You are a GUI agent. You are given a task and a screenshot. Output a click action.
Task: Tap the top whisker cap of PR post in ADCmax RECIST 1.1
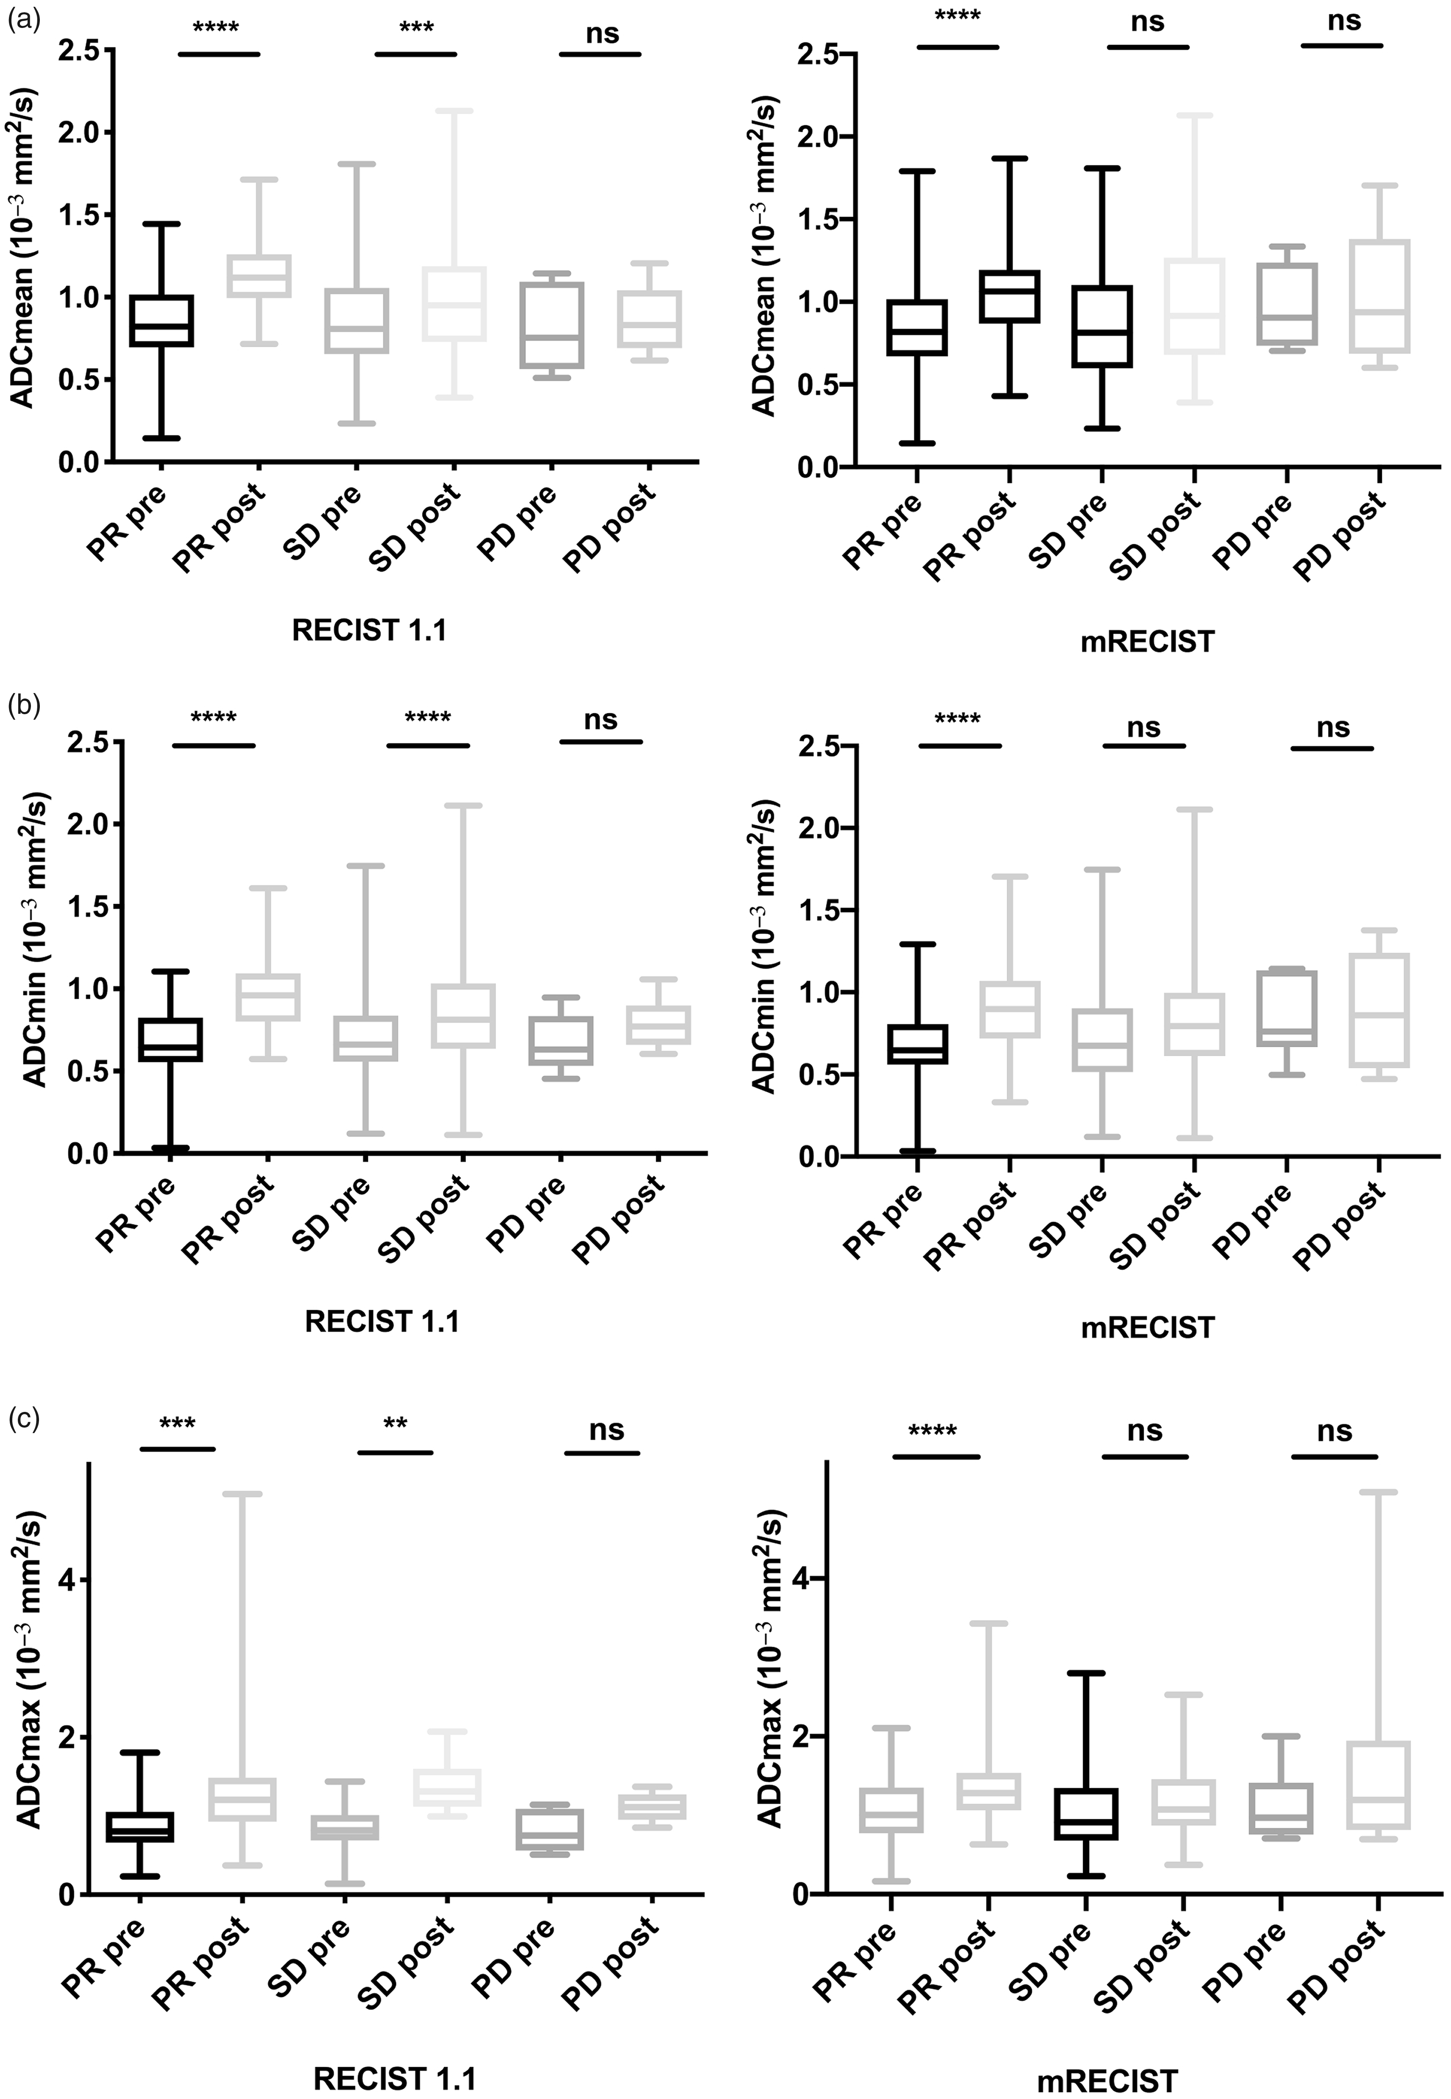click(x=241, y=1494)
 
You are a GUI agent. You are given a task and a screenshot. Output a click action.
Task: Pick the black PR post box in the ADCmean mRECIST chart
click(x=1007, y=296)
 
